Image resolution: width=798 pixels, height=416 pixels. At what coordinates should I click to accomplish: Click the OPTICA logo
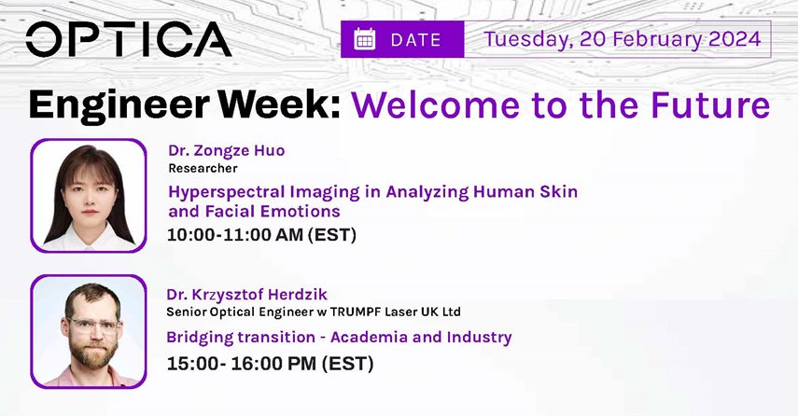point(129,39)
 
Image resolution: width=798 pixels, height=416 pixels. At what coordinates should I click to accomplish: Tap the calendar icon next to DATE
point(364,39)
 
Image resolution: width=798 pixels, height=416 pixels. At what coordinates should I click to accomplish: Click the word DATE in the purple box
point(415,40)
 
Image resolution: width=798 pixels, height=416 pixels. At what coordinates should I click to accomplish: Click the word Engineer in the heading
point(119,104)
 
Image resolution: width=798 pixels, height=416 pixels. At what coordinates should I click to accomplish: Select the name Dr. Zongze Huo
point(227,150)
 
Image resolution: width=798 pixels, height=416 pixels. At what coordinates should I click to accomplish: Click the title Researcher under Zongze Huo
point(203,168)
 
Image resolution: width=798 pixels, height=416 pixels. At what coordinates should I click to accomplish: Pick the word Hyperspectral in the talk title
point(227,192)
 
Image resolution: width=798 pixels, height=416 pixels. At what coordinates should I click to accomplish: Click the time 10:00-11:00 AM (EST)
point(261,234)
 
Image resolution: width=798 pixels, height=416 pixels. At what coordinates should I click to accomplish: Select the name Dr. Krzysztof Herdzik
point(246,295)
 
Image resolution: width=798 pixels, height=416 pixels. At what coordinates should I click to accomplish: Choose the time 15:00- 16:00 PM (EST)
point(271,364)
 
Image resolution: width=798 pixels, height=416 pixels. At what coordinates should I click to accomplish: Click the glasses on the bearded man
point(93,325)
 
